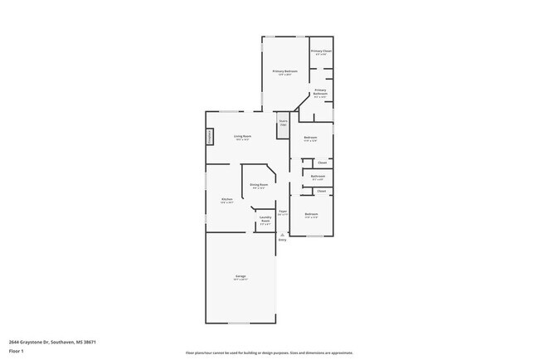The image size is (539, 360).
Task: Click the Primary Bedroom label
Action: [284, 71]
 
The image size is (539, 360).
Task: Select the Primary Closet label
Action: [321, 51]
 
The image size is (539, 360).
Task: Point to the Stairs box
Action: [283, 123]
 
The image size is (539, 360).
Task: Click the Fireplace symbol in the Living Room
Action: [210, 136]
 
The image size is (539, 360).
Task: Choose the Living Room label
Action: [241, 136]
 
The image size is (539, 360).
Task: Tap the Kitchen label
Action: [226, 199]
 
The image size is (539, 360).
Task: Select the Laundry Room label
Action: [265, 220]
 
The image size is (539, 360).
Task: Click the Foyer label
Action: [282, 212]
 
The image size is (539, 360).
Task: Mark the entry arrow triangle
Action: [282, 234]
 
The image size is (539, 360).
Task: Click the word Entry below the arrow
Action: [282, 241]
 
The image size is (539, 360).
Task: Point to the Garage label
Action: [240, 276]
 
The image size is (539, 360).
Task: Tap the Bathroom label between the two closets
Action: [318, 176]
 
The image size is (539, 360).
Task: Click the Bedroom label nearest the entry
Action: [310, 215]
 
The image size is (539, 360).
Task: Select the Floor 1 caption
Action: [17, 351]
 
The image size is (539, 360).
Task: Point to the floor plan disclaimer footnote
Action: [269, 353]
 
